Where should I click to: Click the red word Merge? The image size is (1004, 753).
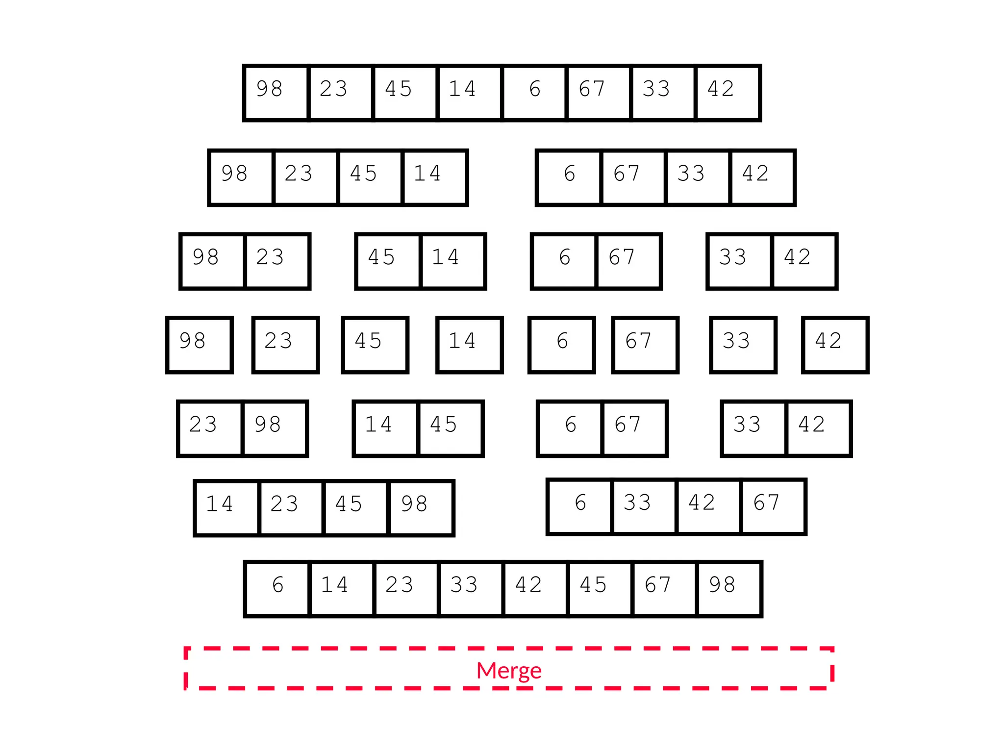509,670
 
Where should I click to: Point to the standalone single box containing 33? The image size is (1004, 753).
743,345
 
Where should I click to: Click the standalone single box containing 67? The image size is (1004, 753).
645,345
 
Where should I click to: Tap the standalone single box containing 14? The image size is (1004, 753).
470,345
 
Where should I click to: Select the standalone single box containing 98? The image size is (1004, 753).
200,345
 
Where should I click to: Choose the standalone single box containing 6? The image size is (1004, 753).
562,345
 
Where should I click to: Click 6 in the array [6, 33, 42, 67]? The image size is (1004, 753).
580,507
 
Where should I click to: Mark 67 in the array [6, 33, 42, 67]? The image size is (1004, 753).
773,507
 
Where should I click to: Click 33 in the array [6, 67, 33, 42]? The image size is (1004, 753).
698,178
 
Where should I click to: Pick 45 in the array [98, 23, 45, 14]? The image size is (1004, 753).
370,178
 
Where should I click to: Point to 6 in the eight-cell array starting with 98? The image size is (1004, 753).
534,93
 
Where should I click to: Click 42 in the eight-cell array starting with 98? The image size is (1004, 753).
728,93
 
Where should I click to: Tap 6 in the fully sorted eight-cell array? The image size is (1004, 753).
277,589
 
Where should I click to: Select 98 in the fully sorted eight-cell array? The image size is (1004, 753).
729,589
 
